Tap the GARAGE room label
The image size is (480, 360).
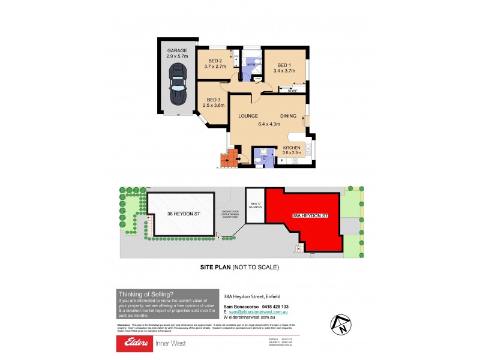tap(177, 50)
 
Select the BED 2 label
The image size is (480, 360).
tap(215, 61)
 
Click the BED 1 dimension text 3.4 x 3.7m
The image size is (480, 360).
tap(284, 71)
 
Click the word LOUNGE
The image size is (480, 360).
tap(248, 116)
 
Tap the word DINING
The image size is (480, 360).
tap(288, 116)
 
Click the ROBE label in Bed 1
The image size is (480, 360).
tap(292, 91)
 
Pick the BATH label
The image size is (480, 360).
tap(252, 64)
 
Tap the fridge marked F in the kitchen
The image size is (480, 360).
tap(281, 161)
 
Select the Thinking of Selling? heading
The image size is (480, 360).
tap(146, 294)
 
